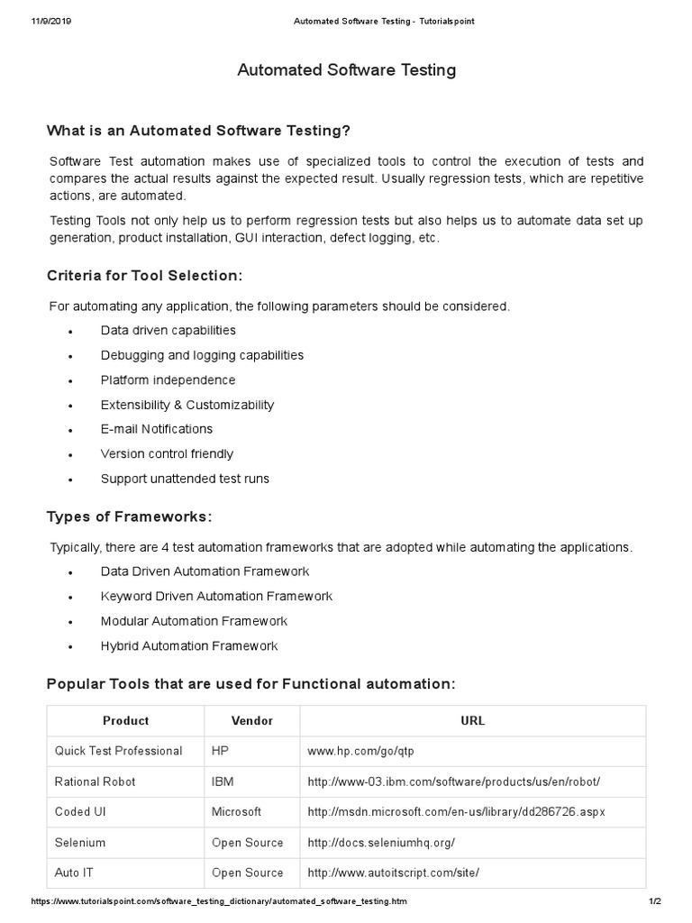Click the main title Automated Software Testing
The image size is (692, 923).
pyautogui.click(x=346, y=69)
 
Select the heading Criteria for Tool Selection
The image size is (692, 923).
pyautogui.click(x=144, y=275)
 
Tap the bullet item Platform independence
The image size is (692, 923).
pyautogui.click(x=168, y=380)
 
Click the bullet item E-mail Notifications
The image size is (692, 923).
pyautogui.click(x=157, y=429)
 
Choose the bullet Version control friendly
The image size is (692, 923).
pyautogui.click(x=167, y=453)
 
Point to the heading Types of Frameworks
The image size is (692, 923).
pyautogui.click(x=129, y=516)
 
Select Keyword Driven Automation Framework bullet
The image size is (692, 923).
pyautogui.click(x=216, y=596)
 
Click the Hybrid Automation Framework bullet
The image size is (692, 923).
pyautogui.click(x=189, y=645)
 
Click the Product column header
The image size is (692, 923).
pyautogui.click(x=126, y=721)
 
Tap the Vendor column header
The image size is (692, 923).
pyautogui.click(x=252, y=721)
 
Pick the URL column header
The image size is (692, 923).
pyautogui.click(x=472, y=721)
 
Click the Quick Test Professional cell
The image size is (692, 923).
pyautogui.click(x=118, y=751)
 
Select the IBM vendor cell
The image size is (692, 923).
pyautogui.click(x=223, y=781)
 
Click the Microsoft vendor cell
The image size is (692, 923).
pyautogui.click(x=236, y=812)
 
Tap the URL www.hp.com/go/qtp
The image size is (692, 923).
pyautogui.click(x=360, y=751)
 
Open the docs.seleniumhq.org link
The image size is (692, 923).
pyautogui.click(x=381, y=843)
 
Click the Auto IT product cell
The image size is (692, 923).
pyautogui.click(x=79, y=873)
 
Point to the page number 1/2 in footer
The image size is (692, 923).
pyautogui.click(x=655, y=902)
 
